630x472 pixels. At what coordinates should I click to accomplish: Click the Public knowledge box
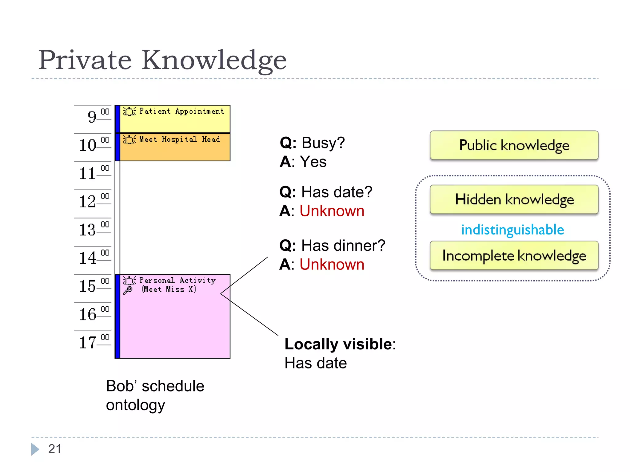point(514,145)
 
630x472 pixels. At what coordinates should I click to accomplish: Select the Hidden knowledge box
point(514,199)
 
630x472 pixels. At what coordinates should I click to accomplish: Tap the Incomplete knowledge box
point(514,255)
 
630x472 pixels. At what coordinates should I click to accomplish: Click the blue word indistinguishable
point(512,230)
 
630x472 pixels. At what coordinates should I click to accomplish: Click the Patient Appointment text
point(181,111)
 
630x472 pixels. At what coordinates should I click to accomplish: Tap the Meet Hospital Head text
point(180,140)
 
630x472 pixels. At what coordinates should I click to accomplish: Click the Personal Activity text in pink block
point(177,281)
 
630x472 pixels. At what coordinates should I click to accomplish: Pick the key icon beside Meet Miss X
point(128,290)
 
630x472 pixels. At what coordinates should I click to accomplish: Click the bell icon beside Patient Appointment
point(129,111)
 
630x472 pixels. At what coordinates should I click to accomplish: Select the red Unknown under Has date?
point(332,211)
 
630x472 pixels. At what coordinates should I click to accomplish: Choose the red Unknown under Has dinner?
point(332,265)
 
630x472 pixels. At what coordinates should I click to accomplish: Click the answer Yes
point(313,162)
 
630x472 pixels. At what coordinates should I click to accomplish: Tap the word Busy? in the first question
point(323,143)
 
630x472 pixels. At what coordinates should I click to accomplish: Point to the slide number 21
point(54,449)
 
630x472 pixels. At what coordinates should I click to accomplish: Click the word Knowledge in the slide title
point(214,60)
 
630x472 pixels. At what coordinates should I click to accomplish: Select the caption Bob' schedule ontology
point(155,395)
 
